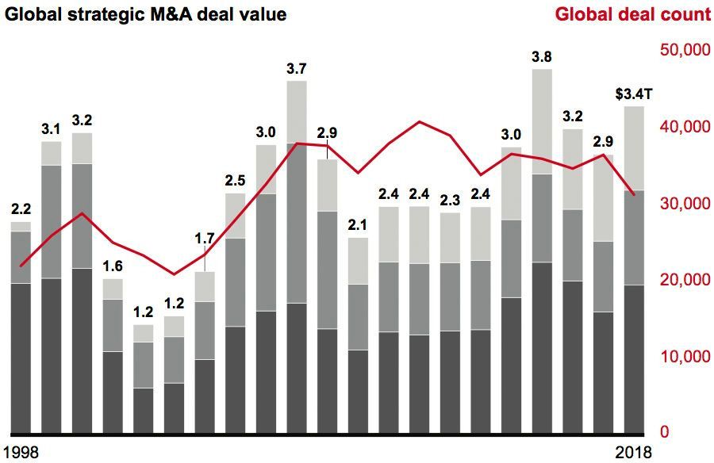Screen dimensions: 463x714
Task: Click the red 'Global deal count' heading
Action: [632, 14]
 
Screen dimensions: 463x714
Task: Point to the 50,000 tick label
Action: [685, 51]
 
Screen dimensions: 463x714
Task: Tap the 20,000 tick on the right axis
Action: [685, 280]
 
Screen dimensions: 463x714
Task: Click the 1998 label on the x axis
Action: [20, 452]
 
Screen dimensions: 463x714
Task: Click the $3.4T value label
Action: [634, 94]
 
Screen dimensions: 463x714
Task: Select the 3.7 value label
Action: [297, 68]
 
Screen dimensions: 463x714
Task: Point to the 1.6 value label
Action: [113, 266]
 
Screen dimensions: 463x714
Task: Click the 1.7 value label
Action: [205, 237]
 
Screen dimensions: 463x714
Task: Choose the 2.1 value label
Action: [358, 225]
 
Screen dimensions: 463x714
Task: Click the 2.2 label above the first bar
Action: [21, 209]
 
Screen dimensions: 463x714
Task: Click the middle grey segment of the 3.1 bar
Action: [52, 221]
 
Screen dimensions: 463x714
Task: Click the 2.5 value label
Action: [235, 181]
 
